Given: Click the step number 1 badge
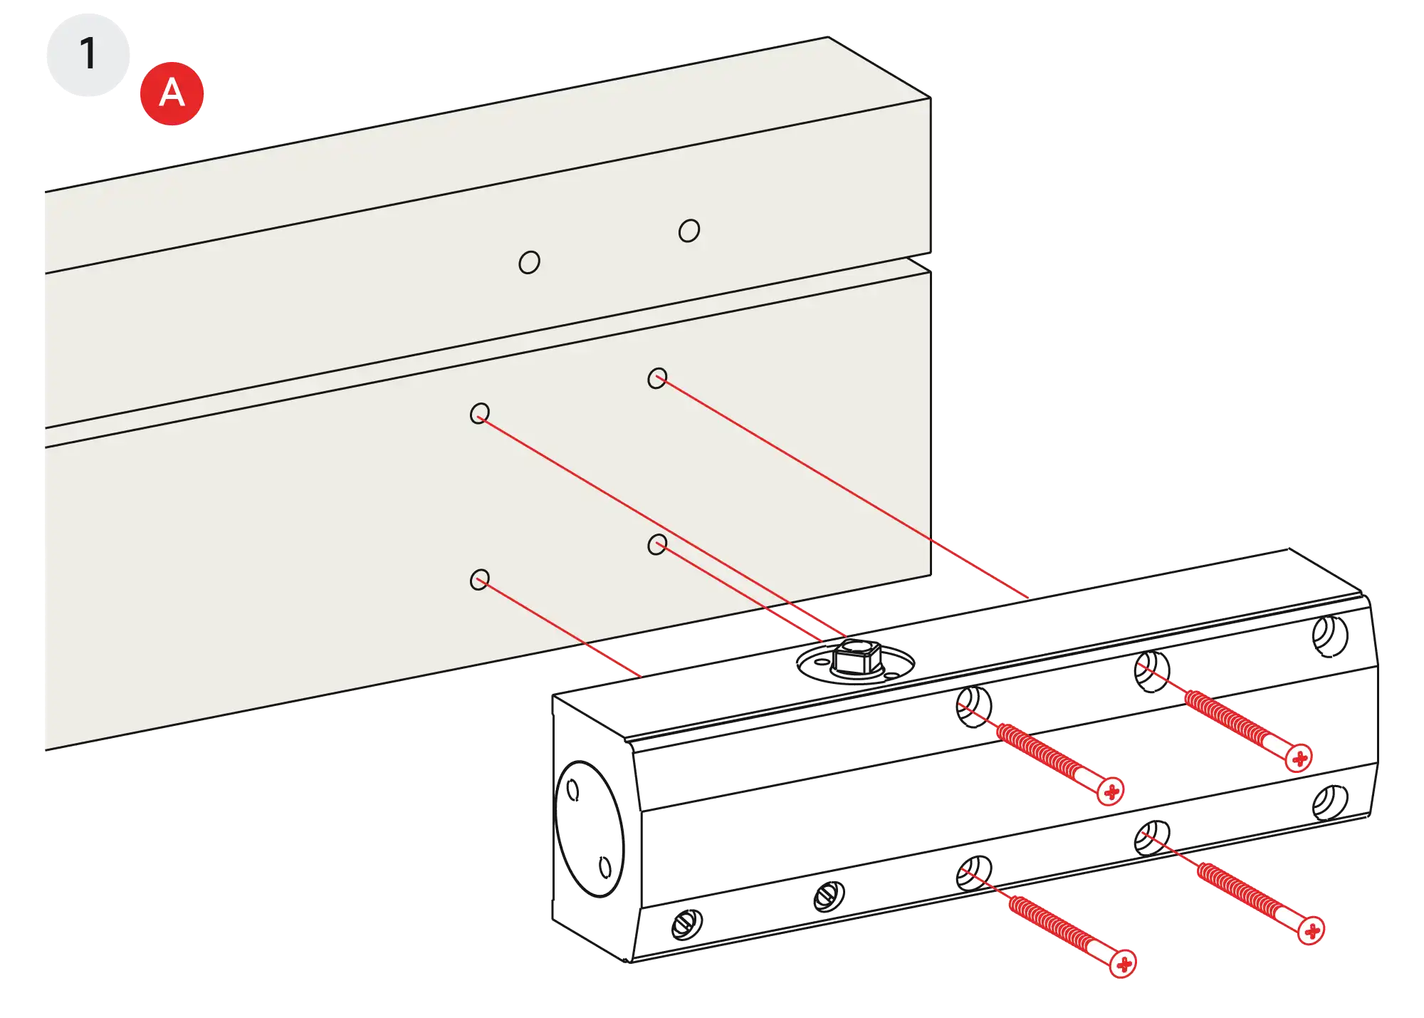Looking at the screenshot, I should click(88, 54).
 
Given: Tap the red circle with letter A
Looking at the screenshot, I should click(171, 93).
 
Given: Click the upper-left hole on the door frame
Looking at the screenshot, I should click(529, 262).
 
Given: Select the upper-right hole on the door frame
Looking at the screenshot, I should click(689, 230).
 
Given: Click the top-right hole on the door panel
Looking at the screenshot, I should click(657, 378).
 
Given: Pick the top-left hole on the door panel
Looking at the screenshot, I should click(480, 413).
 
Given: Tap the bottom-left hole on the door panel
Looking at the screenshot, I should click(480, 579).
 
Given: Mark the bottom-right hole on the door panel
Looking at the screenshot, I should click(657, 545).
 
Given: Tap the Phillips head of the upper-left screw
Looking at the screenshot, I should click(1111, 791).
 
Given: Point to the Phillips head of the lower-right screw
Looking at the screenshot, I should click(1312, 930).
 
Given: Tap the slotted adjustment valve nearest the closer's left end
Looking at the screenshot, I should click(688, 923).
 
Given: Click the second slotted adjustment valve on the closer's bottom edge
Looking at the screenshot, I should click(829, 895).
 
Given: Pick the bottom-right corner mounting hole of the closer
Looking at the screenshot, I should click(1330, 801).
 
